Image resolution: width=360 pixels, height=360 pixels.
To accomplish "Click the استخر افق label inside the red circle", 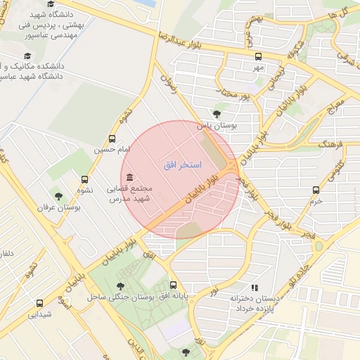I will (x=182, y=165).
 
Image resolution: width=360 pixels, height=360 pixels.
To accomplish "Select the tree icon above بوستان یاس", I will (x=217, y=113).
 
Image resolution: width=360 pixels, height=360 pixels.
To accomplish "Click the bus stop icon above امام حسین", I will (x=112, y=139).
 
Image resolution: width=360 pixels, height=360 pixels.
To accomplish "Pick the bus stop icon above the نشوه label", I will (x=85, y=179).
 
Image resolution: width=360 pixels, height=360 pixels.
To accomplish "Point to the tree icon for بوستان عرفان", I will (x=58, y=195).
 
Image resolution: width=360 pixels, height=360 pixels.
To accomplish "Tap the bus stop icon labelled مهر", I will (x=258, y=56).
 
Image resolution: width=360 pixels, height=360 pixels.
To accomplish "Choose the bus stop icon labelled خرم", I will (x=316, y=189).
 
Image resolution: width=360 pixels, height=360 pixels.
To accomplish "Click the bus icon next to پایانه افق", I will (x=174, y=285).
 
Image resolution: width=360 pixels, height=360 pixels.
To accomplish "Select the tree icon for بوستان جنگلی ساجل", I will (x=121, y=285).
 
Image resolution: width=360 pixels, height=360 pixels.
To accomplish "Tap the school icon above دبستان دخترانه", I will (x=255, y=288).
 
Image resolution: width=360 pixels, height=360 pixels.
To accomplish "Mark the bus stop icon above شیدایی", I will (x=39, y=304).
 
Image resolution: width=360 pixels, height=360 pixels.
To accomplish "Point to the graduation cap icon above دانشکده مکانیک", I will (x=27, y=56).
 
